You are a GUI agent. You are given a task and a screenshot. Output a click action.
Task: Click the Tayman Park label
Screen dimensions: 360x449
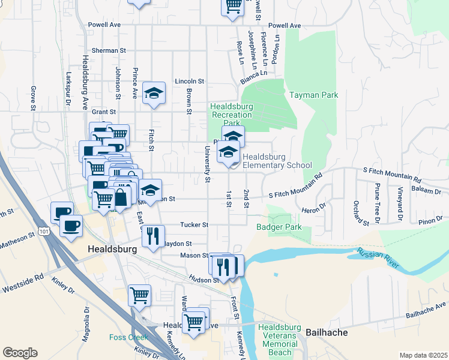tap(313, 95)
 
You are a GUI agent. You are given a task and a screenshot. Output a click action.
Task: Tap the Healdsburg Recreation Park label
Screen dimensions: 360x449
tap(232, 114)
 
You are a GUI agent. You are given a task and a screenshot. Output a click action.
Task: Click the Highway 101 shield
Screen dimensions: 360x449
tap(43, 231)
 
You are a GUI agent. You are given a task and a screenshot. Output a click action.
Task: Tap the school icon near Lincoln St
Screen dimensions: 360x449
tap(154, 93)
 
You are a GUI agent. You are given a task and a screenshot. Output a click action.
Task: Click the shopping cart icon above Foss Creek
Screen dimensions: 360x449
tap(140, 294)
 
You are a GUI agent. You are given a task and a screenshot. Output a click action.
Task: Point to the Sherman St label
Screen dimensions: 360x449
tap(105, 50)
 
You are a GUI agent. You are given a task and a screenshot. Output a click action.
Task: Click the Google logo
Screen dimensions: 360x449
tap(20, 352)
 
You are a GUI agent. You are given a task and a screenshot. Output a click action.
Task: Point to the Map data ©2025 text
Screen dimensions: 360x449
tap(423, 355)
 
